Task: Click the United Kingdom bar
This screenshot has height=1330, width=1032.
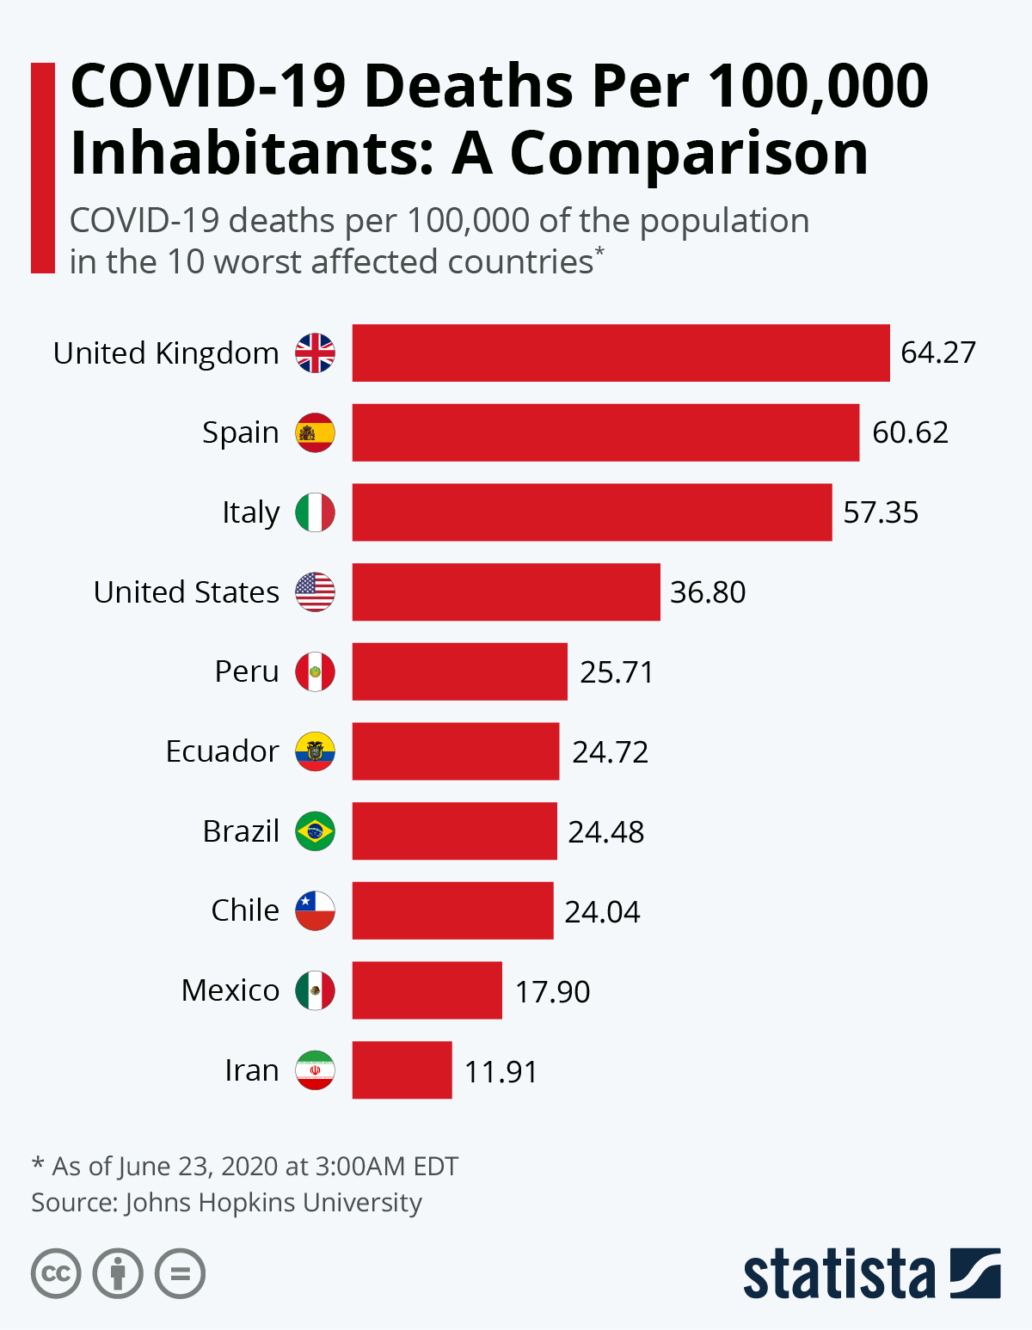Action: (621, 352)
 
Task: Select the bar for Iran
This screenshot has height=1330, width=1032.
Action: (402, 1070)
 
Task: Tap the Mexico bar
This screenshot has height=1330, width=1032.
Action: (427, 990)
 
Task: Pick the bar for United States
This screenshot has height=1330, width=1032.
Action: (506, 591)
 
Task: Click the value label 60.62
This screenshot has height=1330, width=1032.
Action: (910, 432)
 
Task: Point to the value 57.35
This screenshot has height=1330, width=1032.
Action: (881, 512)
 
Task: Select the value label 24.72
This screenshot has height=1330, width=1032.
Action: (610, 752)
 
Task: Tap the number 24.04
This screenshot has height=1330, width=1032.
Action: (602, 911)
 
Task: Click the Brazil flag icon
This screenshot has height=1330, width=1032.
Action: (315, 831)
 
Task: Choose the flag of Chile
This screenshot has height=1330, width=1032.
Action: (315, 911)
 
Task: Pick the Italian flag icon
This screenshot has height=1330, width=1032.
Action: (315, 512)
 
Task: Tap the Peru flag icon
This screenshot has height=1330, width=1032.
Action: (315, 671)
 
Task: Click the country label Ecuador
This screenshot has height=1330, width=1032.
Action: (222, 751)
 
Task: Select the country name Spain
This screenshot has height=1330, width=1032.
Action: (240, 432)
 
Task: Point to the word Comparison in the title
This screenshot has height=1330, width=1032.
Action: (689, 153)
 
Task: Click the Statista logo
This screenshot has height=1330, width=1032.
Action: (871, 1273)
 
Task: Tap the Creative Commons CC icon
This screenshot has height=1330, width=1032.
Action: (56, 1273)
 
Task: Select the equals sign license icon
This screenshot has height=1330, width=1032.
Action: (180, 1273)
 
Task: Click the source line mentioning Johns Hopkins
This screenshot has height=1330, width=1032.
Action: (226, 1202)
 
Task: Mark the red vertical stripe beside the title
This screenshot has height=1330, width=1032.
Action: (43, 168)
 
